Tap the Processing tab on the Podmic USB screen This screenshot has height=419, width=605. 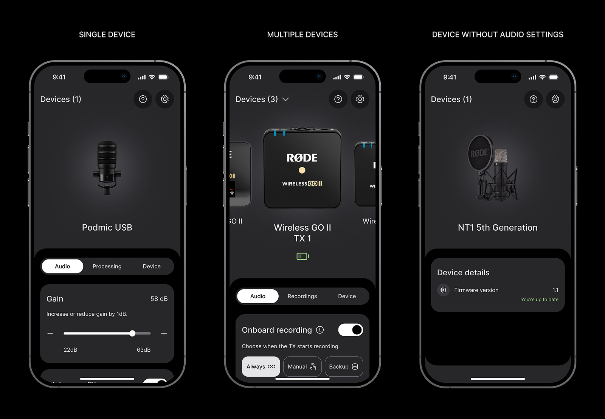[107, 266]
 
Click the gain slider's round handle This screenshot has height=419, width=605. [132, 333]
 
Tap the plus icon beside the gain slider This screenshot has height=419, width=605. [164, 333]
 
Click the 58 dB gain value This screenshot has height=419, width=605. [159, 299]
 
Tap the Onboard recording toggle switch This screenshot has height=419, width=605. [351, 330]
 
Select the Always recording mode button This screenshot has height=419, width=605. [261, 366]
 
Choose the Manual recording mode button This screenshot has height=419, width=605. [302, 366]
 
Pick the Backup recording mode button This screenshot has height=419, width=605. [343, 366]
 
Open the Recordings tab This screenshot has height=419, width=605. [302, 296]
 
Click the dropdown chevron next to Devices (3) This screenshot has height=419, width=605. [286, 99]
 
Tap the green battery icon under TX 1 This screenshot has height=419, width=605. [302, 256]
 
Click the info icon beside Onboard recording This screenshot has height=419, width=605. [320, 330]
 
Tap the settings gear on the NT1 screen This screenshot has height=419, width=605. [555, 99]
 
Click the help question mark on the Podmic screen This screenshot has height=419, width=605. [143, 99]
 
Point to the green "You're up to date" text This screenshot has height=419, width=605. [540, 300]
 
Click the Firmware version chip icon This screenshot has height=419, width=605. [444, 290]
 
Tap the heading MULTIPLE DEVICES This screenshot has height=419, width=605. [302, 34]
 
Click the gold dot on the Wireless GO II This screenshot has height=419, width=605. [302, 170]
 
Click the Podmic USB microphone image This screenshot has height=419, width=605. [107, 168]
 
